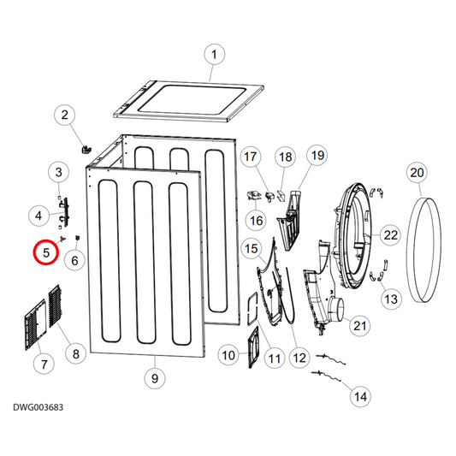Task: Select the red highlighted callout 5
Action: click(45, 254)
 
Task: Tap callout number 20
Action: click(417, 174)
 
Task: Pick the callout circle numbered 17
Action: click(250, 157)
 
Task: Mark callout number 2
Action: click(65, 115)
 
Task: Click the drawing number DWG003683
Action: click(38, 408)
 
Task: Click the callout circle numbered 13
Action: click(391, 299)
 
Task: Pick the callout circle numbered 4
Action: click(38, 214)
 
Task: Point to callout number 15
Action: click(252, 249)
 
